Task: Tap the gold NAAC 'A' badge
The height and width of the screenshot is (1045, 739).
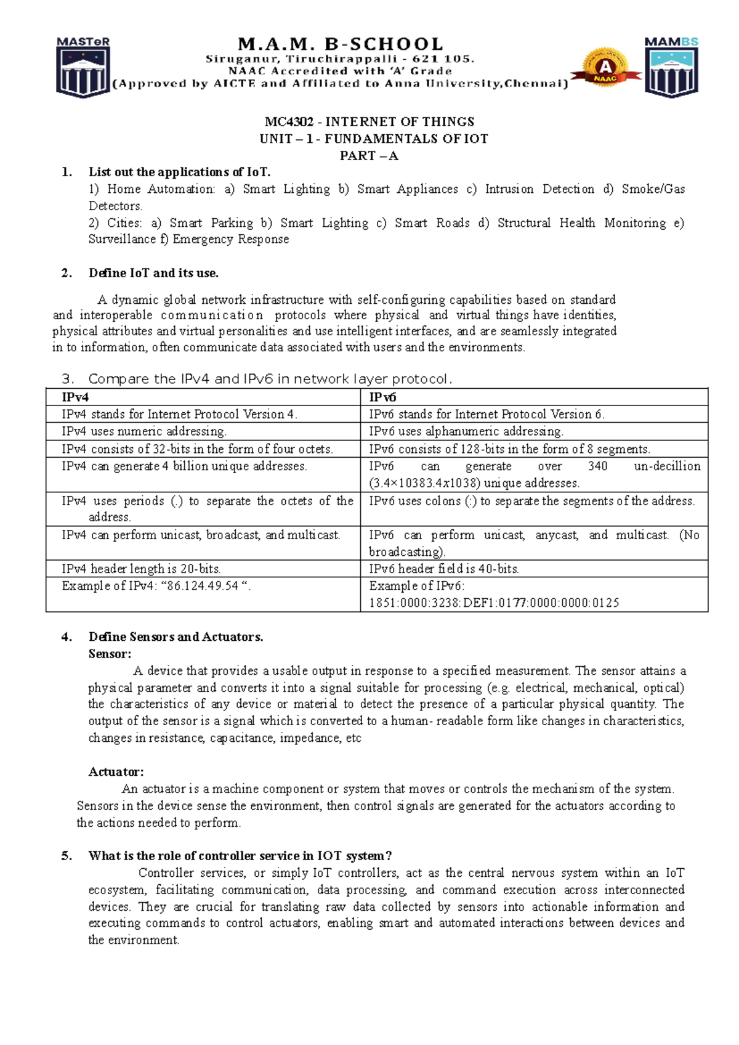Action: click(606, 67)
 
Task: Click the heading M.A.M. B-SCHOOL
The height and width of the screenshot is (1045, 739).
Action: click(341, 44)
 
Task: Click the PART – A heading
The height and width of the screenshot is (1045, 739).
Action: click(369, 156)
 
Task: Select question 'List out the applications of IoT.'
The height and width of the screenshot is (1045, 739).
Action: click(179, 172)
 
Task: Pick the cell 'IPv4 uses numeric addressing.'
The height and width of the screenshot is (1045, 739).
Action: click(144, 431)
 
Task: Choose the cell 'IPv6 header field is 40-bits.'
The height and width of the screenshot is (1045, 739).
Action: click(444, 569)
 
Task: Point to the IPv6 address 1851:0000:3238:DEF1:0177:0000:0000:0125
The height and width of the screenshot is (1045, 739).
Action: click(494, 603)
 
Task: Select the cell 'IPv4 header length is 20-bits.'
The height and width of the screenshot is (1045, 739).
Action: click(141, 569)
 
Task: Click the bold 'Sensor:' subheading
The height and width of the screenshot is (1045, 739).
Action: click(110, 654)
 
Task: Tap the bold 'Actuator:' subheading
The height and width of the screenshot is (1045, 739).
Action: click(116, 771)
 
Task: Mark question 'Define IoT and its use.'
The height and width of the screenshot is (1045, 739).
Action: click(153, 273)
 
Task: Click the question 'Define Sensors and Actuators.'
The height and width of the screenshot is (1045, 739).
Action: click(176, 637)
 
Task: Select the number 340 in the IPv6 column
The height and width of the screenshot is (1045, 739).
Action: click(597, 466)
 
